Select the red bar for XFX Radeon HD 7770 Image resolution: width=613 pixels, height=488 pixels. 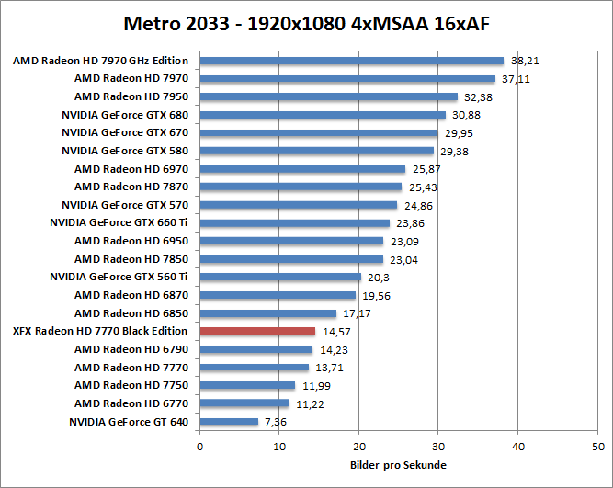pos(257,331)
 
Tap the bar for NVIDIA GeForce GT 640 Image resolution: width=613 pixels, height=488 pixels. pos(229,421)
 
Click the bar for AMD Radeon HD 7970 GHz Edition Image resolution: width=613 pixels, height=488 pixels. pos(351,62)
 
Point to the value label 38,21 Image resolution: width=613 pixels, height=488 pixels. pos(523,62)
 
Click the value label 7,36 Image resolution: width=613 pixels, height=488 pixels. pos(276,421)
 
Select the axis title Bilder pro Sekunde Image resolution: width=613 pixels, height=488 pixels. pos(398,465)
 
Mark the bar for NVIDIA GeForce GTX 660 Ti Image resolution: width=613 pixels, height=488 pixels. pos(294,223)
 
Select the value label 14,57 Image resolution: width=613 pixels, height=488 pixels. pos(335,331)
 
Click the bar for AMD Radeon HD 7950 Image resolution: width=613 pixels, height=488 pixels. pos(328,97)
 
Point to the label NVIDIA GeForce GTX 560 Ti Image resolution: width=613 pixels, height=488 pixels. pos(119,277)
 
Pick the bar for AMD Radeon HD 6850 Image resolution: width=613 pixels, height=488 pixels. pos(267,313)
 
